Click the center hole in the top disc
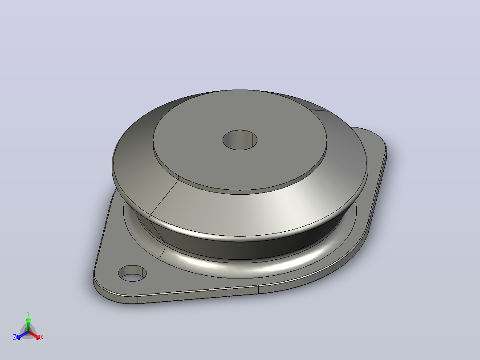240,140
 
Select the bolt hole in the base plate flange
132,274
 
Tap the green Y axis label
28,314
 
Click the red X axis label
42,337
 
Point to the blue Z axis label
14,337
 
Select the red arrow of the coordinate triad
35,335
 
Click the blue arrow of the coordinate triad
22,335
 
